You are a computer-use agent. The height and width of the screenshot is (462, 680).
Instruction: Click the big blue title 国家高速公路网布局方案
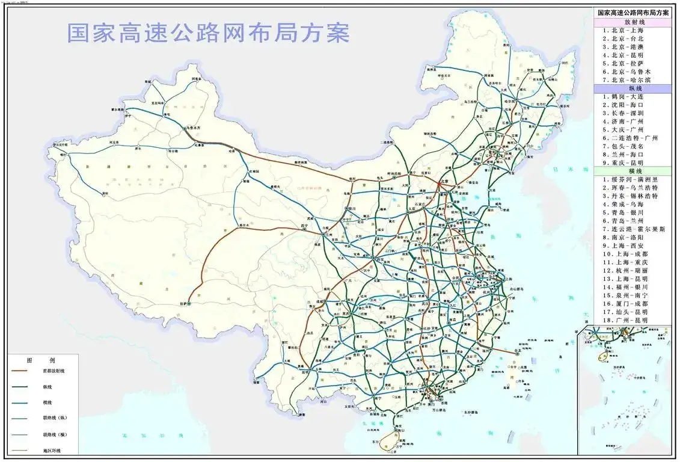tap(208, 33)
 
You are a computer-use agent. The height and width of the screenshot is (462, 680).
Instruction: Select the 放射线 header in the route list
tap(630, 22)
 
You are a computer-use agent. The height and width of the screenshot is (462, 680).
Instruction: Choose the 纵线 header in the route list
tap(630, 88)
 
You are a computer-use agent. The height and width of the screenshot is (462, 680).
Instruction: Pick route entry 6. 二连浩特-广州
tap(631, 138)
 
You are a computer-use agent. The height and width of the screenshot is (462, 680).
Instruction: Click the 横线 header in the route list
tap(630, 171)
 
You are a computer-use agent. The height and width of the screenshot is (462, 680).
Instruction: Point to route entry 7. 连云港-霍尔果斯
tap(634, 229)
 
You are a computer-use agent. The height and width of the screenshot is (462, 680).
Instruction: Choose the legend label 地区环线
tap(52, 451)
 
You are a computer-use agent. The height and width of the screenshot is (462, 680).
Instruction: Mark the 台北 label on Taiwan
tap(515, 350)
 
